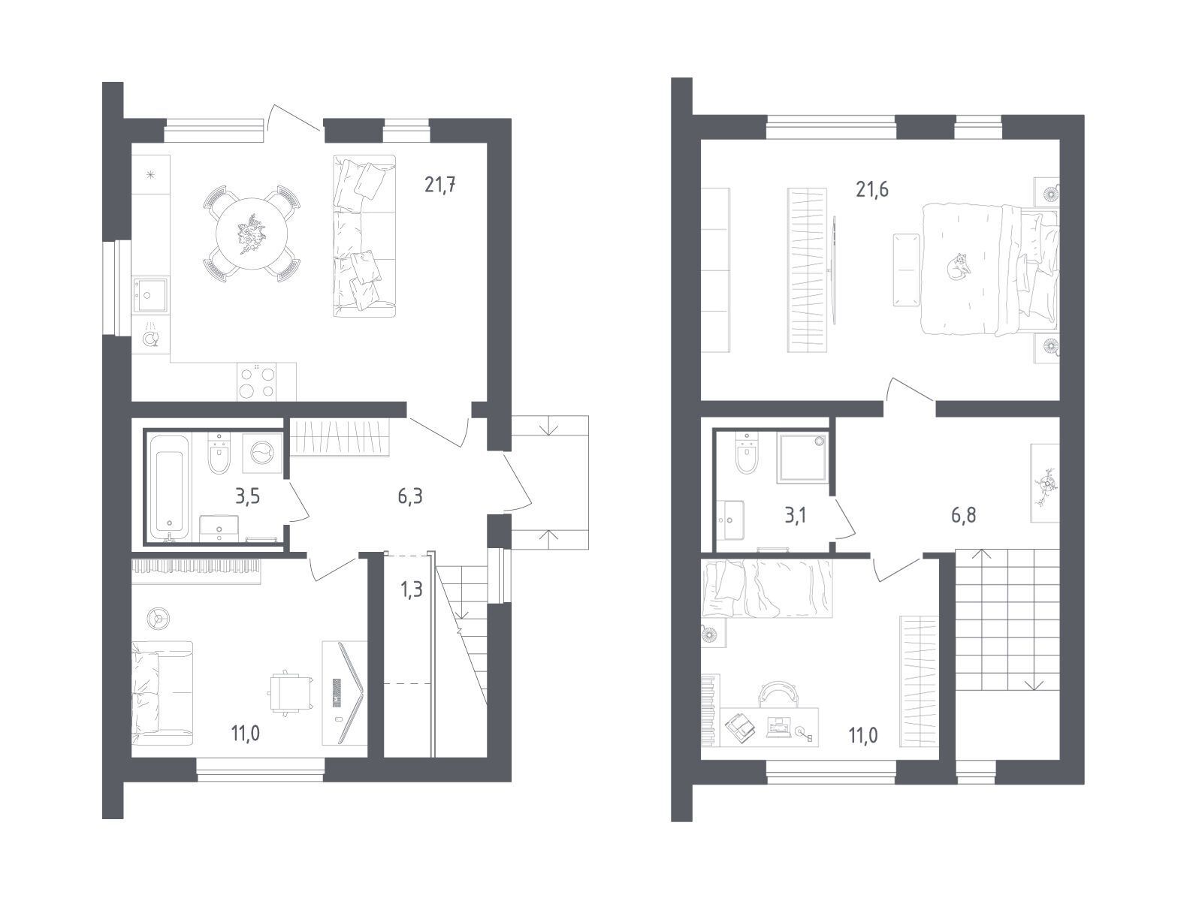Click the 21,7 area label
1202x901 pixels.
(x=439, y=185)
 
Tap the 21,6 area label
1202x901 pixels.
(x=872, y=189)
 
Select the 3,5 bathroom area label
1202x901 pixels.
(x=247, y=497)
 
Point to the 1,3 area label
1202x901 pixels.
(x=411, y=589)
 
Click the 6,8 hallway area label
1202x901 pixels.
(x=963, y=515)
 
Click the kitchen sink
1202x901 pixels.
(x=149, y=294)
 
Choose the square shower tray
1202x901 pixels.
(x=802, y=459)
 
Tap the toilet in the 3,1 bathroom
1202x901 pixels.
(x=746, y=453)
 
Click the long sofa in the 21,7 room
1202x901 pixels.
(x=364, y=236)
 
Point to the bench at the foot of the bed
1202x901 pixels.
(x=906, y=270)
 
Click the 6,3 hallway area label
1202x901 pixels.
(x=410, y=497)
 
